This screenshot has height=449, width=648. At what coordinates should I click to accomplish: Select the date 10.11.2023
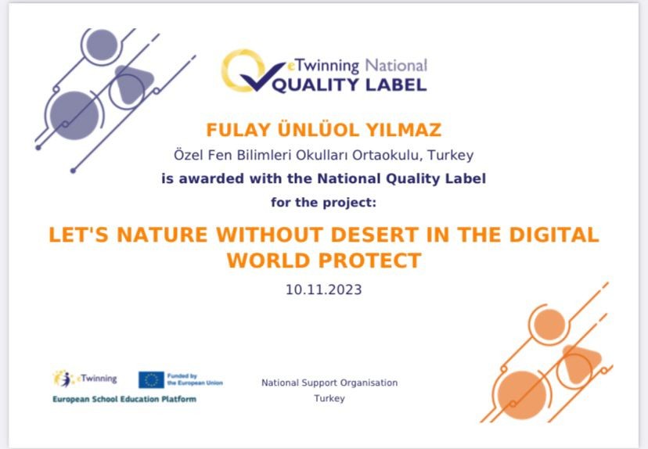(x=323, y=289)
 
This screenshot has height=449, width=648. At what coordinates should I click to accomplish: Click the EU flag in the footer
(x=151, y=380)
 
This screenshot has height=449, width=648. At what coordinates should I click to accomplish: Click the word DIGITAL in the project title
(x=554, y=235)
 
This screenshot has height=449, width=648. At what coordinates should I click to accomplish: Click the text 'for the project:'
(x=323, y=203)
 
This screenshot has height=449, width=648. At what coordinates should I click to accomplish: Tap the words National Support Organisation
(x=329, y=383)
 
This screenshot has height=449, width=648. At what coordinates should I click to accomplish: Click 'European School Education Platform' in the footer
(x=124, y=399)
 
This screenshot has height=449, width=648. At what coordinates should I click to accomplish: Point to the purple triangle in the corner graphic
(x=131, y=84)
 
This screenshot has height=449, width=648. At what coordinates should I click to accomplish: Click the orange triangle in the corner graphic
(x=580, y=364)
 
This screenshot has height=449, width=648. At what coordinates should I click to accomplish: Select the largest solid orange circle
(x=521, y=395)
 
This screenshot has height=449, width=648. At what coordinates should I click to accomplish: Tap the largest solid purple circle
(x=75, y=115)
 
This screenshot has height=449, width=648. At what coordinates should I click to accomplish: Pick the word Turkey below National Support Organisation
(x=329, y=399)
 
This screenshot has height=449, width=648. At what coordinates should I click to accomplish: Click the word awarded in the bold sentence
(x=211, y=178)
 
